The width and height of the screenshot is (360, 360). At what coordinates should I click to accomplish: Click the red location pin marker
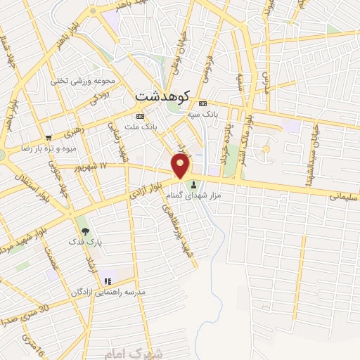181,165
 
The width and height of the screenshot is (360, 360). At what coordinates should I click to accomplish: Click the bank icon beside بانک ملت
141,116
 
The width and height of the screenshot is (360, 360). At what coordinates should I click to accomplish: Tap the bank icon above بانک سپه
202,101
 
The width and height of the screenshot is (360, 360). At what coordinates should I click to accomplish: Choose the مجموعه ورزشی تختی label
79,80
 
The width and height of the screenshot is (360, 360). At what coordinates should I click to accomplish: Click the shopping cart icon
48,137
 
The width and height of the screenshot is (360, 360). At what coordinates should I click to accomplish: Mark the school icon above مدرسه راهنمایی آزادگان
107,281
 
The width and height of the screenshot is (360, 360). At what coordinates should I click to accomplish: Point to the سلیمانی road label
344,196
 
